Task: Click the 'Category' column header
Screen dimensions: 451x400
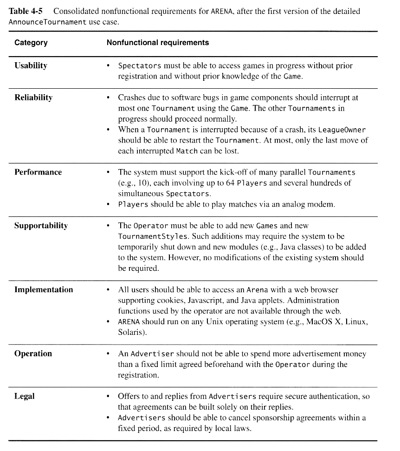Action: pos(31,43)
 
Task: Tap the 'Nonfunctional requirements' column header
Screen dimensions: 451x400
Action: pos(158,43)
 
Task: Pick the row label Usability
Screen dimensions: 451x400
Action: pos(31,65)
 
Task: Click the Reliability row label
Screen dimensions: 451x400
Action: pos(33,98)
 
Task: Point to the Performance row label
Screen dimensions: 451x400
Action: pos(38,172)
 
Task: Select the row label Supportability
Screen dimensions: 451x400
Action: pos(41,226)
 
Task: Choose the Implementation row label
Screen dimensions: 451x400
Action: pos(44,290)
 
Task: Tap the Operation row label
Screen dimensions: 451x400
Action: pos(33,354)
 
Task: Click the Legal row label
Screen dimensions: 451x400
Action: pos(25,396)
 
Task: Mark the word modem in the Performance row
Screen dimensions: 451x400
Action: pos(321,204)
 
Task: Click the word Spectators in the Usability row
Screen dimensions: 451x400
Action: pos(140,66)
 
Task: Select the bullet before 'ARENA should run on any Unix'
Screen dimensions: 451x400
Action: pos(108,322)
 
